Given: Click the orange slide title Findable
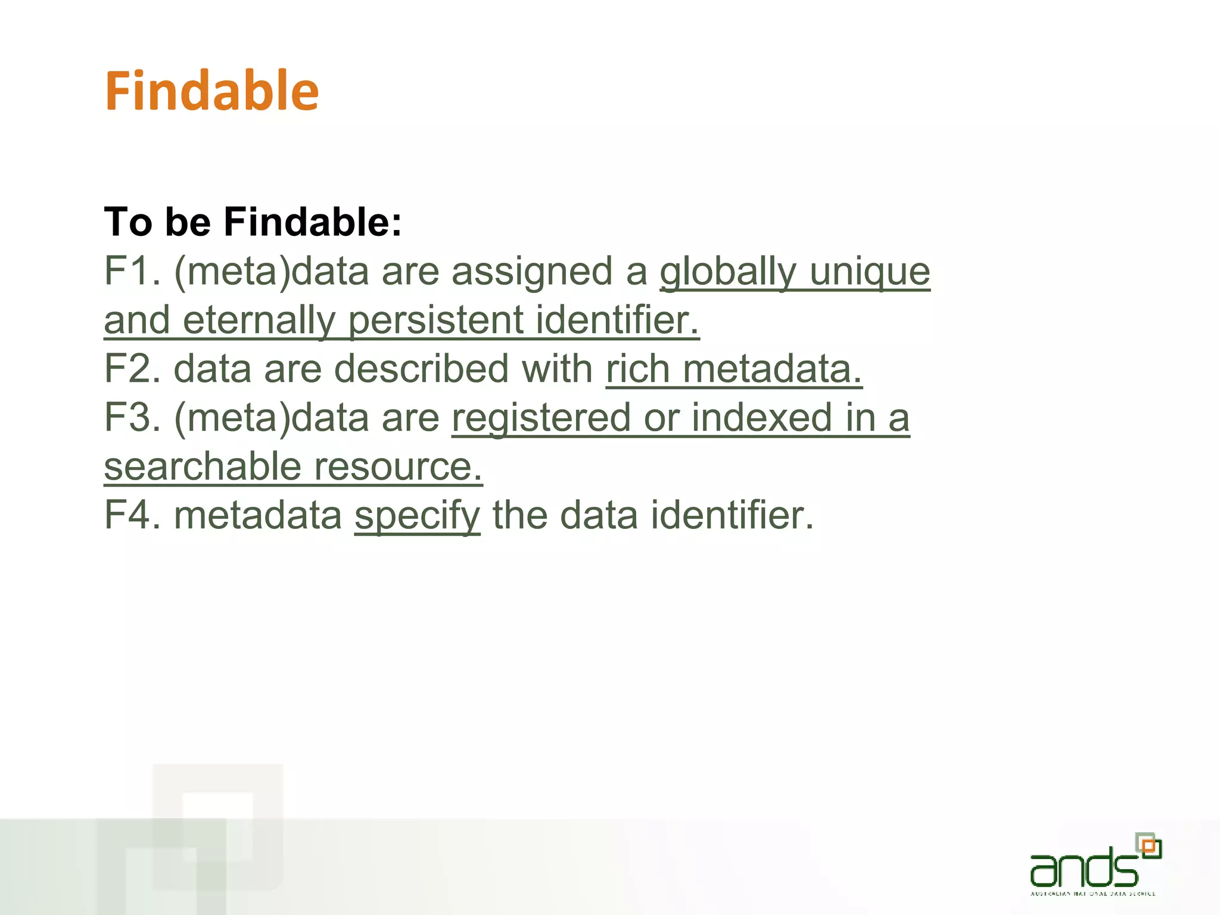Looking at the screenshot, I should (x=211, y=91).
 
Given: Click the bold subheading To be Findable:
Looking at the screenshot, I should (x=253, y=222).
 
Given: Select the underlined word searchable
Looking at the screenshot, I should (x=203, y=466).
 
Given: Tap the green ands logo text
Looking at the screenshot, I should (x=1084, y=867).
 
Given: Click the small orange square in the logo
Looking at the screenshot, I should (x=1149, y=846).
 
